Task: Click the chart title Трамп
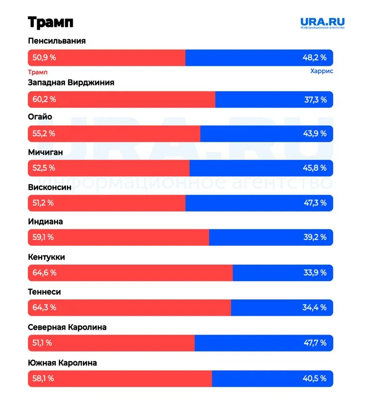pos(50,22)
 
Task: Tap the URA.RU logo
pos(322,23)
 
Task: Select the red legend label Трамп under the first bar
pos(38,71)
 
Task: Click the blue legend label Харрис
pos(322,71)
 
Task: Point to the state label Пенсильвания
pos(57,41)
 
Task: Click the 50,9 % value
pos(44,58)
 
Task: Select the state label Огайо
pos(40,117)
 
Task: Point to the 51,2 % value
pos(43,203)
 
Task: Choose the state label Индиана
pos(45,222)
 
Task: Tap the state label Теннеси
pos(44,292)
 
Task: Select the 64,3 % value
pos(44,308)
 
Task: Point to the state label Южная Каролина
pos(62,363)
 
